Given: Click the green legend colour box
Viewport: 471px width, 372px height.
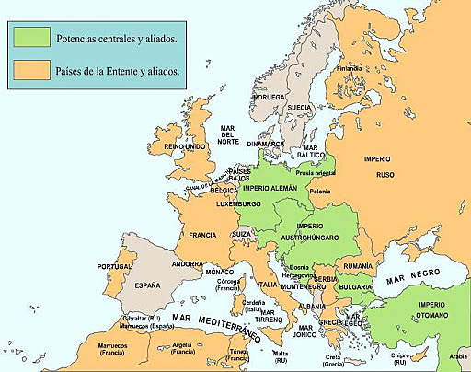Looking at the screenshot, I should pyautogui.click(x=32, y=38).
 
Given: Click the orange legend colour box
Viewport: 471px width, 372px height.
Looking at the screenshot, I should pyautogui.click(x=32, y=68).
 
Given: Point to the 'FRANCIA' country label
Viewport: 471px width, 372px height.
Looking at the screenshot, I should pyautogui.click(x=202, y=235).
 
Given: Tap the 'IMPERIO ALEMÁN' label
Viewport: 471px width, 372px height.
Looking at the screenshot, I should pyautogui.click(x=270, y=189).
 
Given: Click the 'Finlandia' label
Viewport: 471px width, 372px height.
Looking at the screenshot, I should pyautogui.click(x=349, y=68).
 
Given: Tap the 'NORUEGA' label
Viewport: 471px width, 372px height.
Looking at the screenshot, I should pyautogui.click(x=269, y=96).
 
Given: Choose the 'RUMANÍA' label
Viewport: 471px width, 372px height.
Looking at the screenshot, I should pyautogui.click(x=356, y=266).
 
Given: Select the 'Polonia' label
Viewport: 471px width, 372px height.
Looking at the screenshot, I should pyautogui.click(x=319, y=192).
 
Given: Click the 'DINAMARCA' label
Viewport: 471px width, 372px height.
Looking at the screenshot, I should pyautogui.click(x=265, y=144).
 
